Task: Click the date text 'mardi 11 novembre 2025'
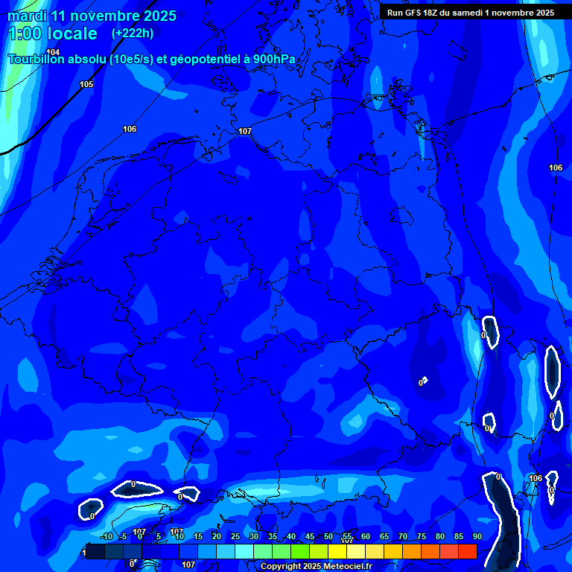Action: [x=92, y=16]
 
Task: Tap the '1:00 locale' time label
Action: [x=52, y=34]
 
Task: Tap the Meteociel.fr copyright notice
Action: [x=316, y=567]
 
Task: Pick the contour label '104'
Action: [x=52, y=51]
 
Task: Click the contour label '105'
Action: [x=86, y=84]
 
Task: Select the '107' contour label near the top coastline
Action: [x=245, y=131]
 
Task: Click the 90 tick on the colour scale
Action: [x=477, y=536]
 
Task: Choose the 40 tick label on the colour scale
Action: [x=290, y=536]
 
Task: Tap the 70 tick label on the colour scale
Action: [x=402, y=536]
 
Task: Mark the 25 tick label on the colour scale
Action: [x=235, y=536]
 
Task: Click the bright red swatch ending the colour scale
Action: [x=467, y=551]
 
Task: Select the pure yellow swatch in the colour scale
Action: [x=337, y=551]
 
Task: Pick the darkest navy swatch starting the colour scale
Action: [x=95, y=551]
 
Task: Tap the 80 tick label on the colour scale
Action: [x=439, y=536]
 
